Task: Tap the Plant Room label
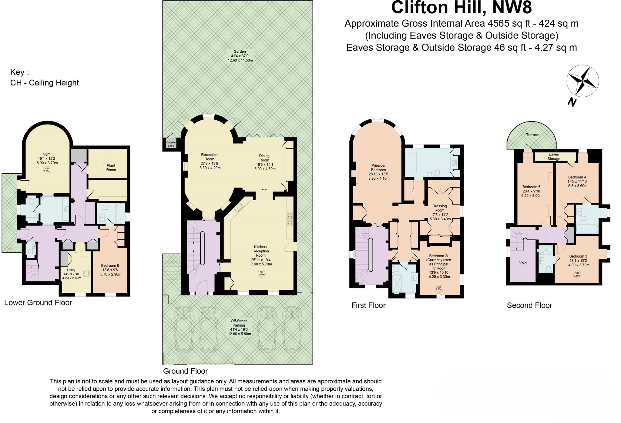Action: pos(111,168)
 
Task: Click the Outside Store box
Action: pos(171,144)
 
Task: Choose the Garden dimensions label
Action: pos(240,56)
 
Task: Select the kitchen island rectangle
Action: pos(259,232)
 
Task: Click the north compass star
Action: pos(582,81)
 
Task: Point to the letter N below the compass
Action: pos(572,102)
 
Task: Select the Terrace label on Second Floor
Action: pos(532,135)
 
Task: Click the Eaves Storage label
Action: pos(554,156)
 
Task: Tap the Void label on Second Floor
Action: pos(523,263)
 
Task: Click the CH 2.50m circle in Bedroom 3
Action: pos(577,275)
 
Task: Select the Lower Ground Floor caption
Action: pos(38,302)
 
